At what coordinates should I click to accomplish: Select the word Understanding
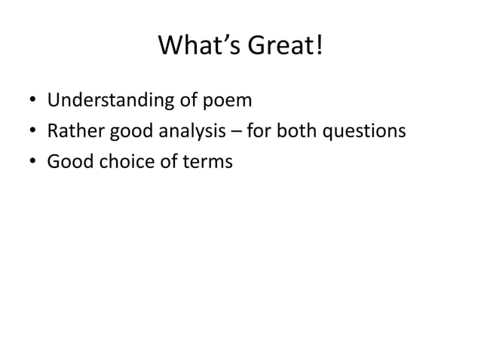[110, 100]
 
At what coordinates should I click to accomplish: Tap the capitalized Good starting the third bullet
[67, 162]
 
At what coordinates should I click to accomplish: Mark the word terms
[205, 162]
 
